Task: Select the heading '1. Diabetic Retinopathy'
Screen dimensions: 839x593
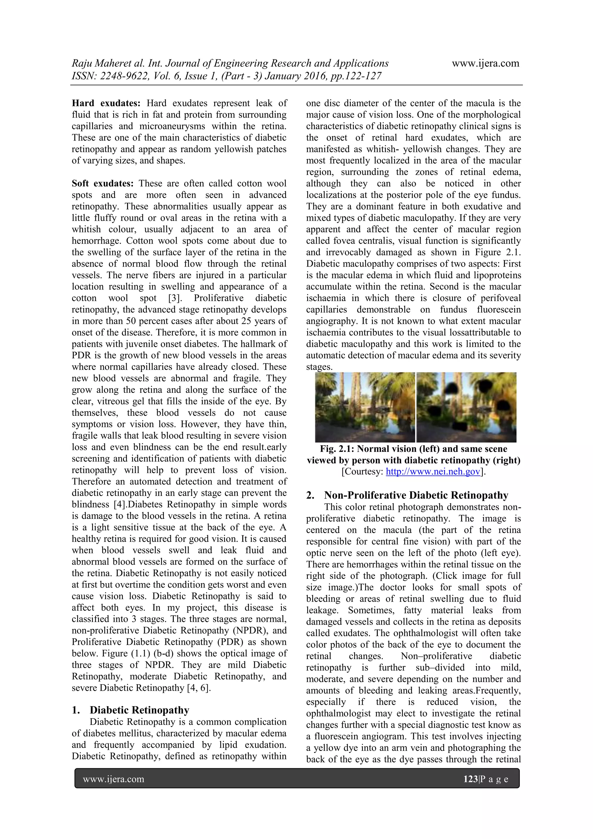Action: [x=130, y=710]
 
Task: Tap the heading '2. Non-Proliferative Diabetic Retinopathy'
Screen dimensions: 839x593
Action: [x=407, y=495]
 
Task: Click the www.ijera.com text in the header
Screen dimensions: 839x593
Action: [x=485, y=63]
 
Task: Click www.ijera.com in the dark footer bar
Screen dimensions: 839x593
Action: [x=114, y=779]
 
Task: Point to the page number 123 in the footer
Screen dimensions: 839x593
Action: [x=470, y=779]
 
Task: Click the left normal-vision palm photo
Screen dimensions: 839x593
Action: [x=365, y=407]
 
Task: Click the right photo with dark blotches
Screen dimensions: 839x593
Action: [x=466, y=407]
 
